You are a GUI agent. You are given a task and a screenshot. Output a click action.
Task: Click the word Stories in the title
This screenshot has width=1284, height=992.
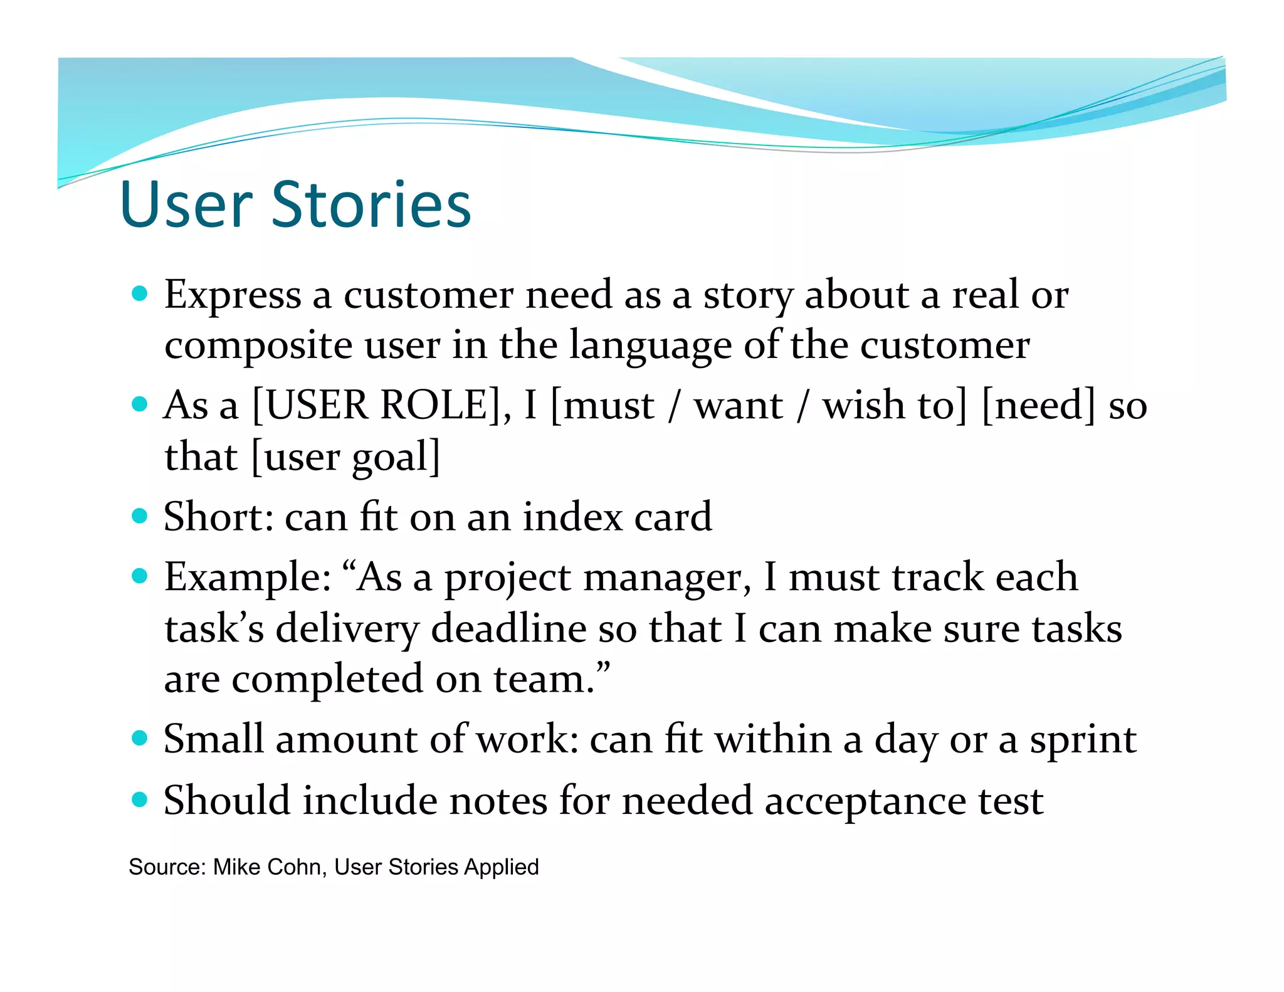[x=371, y=204]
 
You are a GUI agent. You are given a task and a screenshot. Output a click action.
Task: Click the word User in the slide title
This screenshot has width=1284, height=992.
[x=186, y=204]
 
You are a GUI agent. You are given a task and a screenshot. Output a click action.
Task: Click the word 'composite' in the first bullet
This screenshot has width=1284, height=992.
[x=258, y=346]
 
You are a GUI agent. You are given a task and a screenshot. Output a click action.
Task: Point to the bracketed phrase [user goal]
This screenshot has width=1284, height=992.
[x=345, y=456]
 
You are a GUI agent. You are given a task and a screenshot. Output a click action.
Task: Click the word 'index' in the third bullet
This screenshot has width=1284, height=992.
[x=572, y=517]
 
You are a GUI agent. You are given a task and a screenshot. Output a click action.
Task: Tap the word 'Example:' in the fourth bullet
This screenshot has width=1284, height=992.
[x=248, y=578]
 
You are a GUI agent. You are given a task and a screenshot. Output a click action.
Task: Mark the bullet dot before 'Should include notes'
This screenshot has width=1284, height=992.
[x=140, y=799]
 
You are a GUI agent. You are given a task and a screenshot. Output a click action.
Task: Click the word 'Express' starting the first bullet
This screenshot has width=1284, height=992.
[x=233, y=295]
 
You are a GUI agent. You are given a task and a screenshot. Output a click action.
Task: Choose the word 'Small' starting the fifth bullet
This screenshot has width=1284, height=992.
[x=213, y=739]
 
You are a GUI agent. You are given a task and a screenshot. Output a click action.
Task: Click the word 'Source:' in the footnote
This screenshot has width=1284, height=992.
[x=167, y=867]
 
